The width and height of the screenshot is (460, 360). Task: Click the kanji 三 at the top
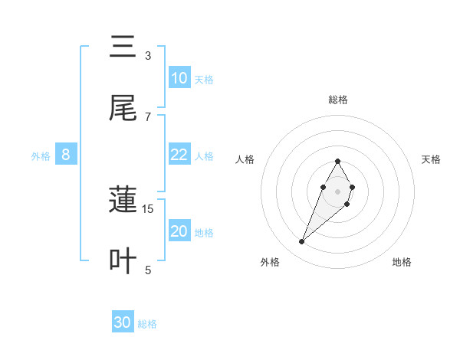[123, 48]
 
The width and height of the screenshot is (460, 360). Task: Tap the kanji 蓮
[123, 201]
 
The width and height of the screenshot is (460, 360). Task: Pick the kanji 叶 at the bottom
[123, 261]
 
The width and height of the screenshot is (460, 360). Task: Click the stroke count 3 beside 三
[148, 56]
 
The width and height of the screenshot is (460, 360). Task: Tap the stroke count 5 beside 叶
[148, 269]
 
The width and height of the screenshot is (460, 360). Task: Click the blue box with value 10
[179, 78]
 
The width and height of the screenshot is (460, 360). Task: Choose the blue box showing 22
[179, 155]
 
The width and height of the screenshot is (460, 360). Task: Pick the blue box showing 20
[179, 231]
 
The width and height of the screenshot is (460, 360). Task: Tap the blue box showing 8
[66, 155]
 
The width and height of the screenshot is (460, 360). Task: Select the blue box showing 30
[123, 322]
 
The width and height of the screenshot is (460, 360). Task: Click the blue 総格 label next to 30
[147, 324]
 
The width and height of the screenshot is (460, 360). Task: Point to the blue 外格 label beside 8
[41, 156]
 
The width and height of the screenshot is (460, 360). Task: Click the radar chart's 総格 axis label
[337, 100]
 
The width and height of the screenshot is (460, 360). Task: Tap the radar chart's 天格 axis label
[432, 159]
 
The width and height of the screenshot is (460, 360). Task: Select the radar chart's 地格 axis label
[402, 262]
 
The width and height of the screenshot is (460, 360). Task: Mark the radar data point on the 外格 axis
[302, 242]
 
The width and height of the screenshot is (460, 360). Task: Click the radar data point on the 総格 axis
[337, 161]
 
